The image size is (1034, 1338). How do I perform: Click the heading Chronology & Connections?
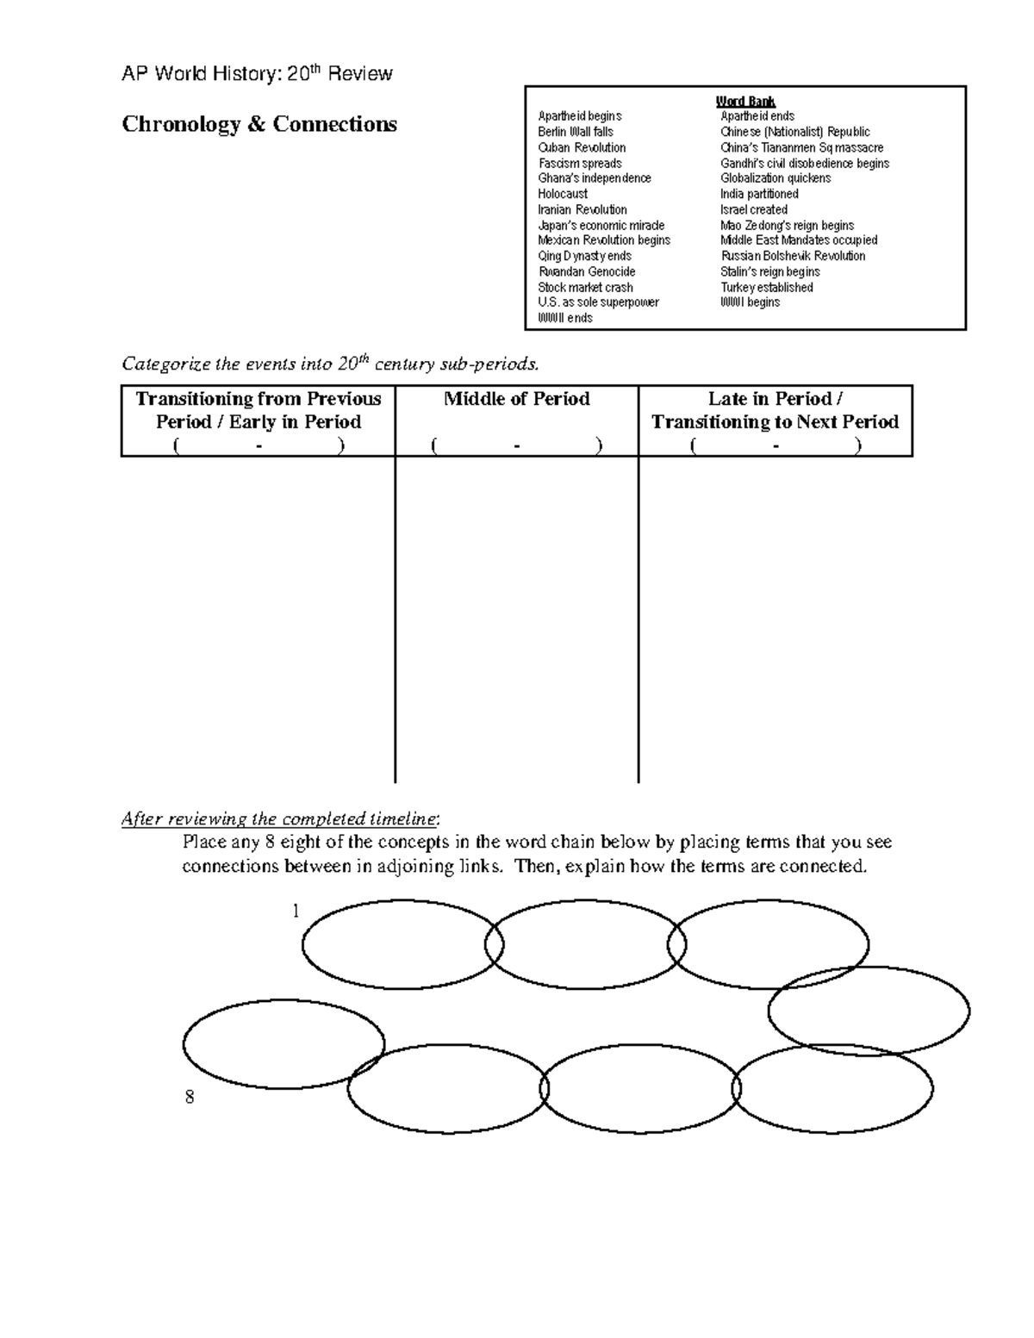tap(259, 125)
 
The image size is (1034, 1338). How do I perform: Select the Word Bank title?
tap(745, 102)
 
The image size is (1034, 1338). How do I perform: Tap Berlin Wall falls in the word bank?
tap(576, 132)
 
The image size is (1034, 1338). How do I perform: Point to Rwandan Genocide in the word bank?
tap(586, 271)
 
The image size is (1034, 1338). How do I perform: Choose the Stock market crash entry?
tap(585, 287)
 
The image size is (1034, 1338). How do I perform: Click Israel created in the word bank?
tap(754, 209)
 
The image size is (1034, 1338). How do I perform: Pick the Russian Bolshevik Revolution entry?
tap(793, 256)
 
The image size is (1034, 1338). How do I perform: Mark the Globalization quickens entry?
tap(775, 178)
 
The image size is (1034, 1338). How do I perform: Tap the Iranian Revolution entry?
tap(582, 209)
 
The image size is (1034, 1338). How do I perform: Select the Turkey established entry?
tap(767, 287)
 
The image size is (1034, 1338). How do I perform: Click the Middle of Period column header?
tap(516, 399)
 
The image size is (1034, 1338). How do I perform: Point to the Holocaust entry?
tap(563, 194)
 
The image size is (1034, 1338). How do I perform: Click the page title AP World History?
tap(257, 74)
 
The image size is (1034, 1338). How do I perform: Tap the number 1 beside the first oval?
tap(296, 912)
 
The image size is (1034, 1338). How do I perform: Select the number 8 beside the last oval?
tap(190, 1098)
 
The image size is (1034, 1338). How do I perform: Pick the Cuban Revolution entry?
tap(582, 147)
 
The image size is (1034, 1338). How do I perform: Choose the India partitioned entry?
tap(759, 194)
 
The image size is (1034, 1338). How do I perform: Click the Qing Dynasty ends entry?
tap(584, 256)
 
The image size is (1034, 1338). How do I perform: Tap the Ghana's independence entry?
tap(595, 178)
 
